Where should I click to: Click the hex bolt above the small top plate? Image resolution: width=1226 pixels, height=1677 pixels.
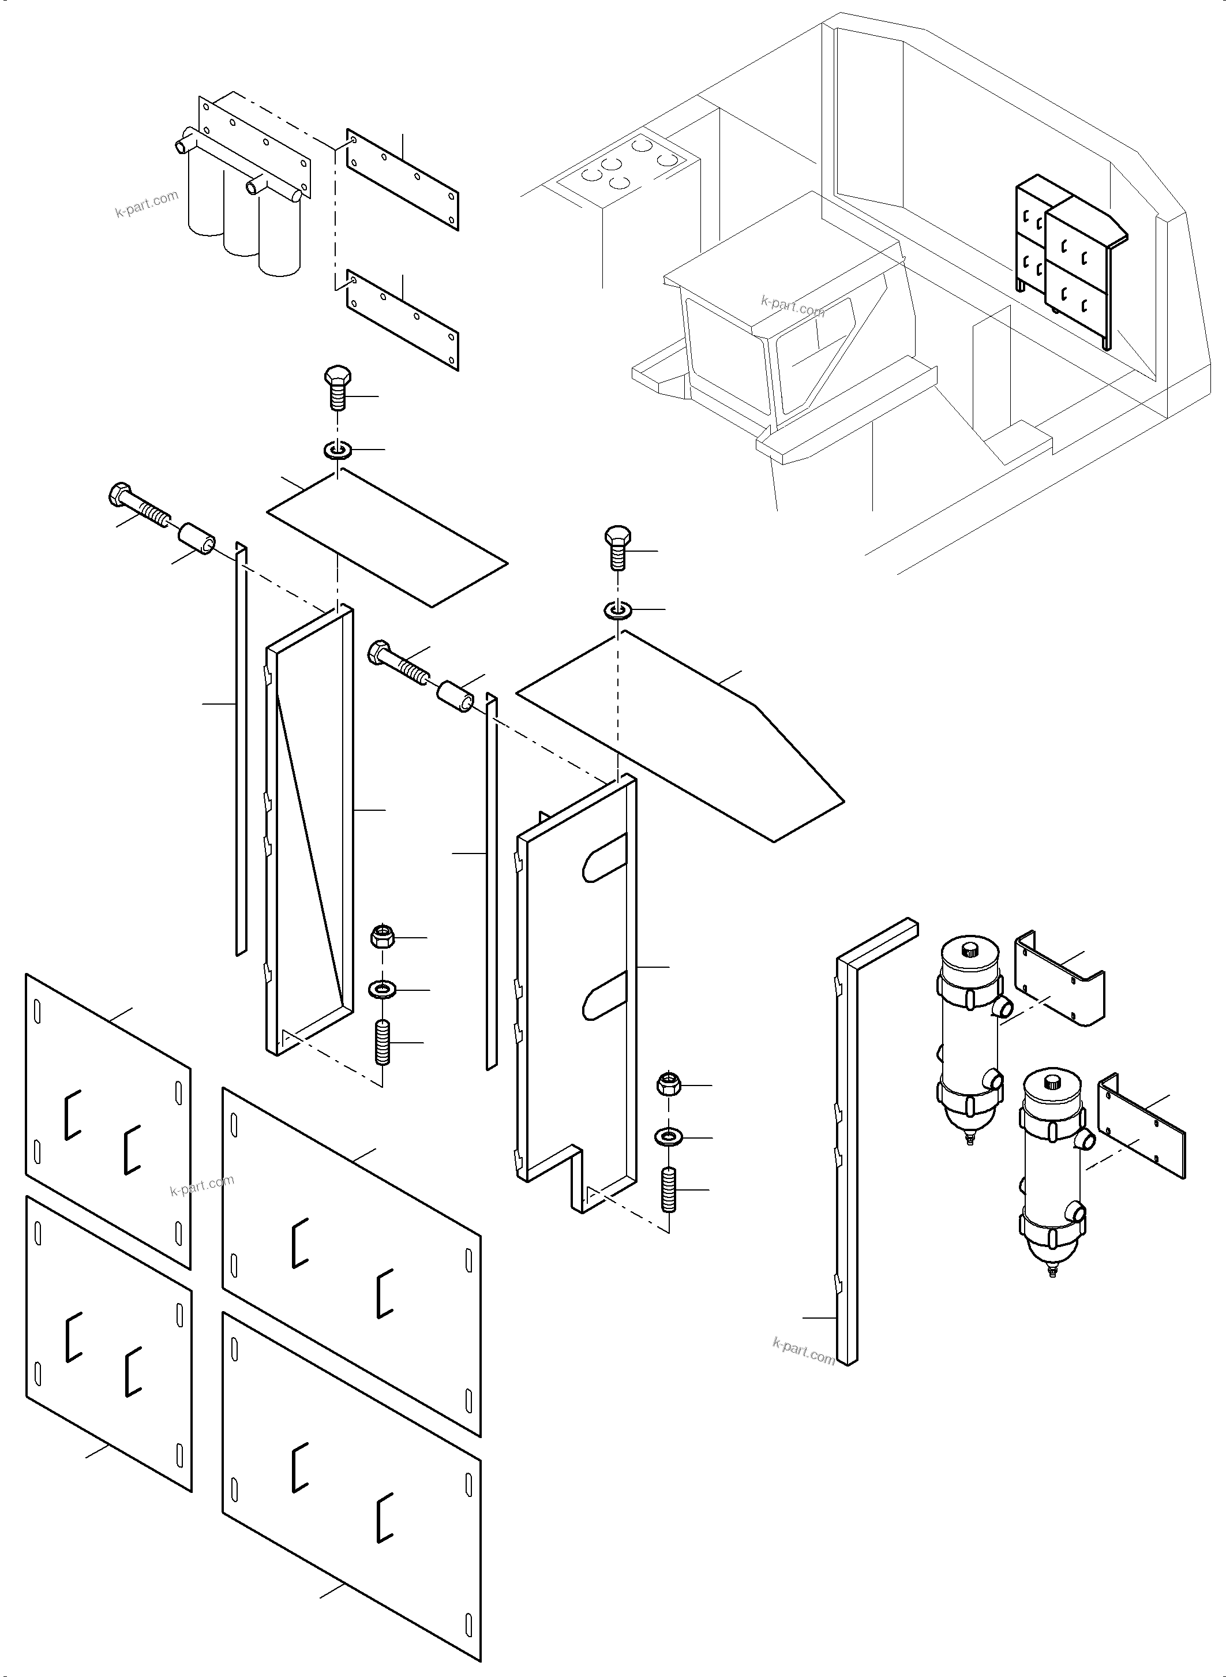[x=338, y=388]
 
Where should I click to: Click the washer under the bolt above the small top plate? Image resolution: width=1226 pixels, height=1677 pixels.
[x=338, y=450]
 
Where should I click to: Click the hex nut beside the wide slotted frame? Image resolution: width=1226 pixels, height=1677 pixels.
[x=669, y=1084]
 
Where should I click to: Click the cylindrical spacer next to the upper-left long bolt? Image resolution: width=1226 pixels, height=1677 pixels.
[x=197, y=537]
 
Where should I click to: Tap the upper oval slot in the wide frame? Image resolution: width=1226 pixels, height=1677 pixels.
[x=605, y=858]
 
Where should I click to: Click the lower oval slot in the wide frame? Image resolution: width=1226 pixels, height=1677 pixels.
[x=605, y=995]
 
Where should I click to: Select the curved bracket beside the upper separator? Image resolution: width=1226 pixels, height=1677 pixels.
[x=1059, y=976]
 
